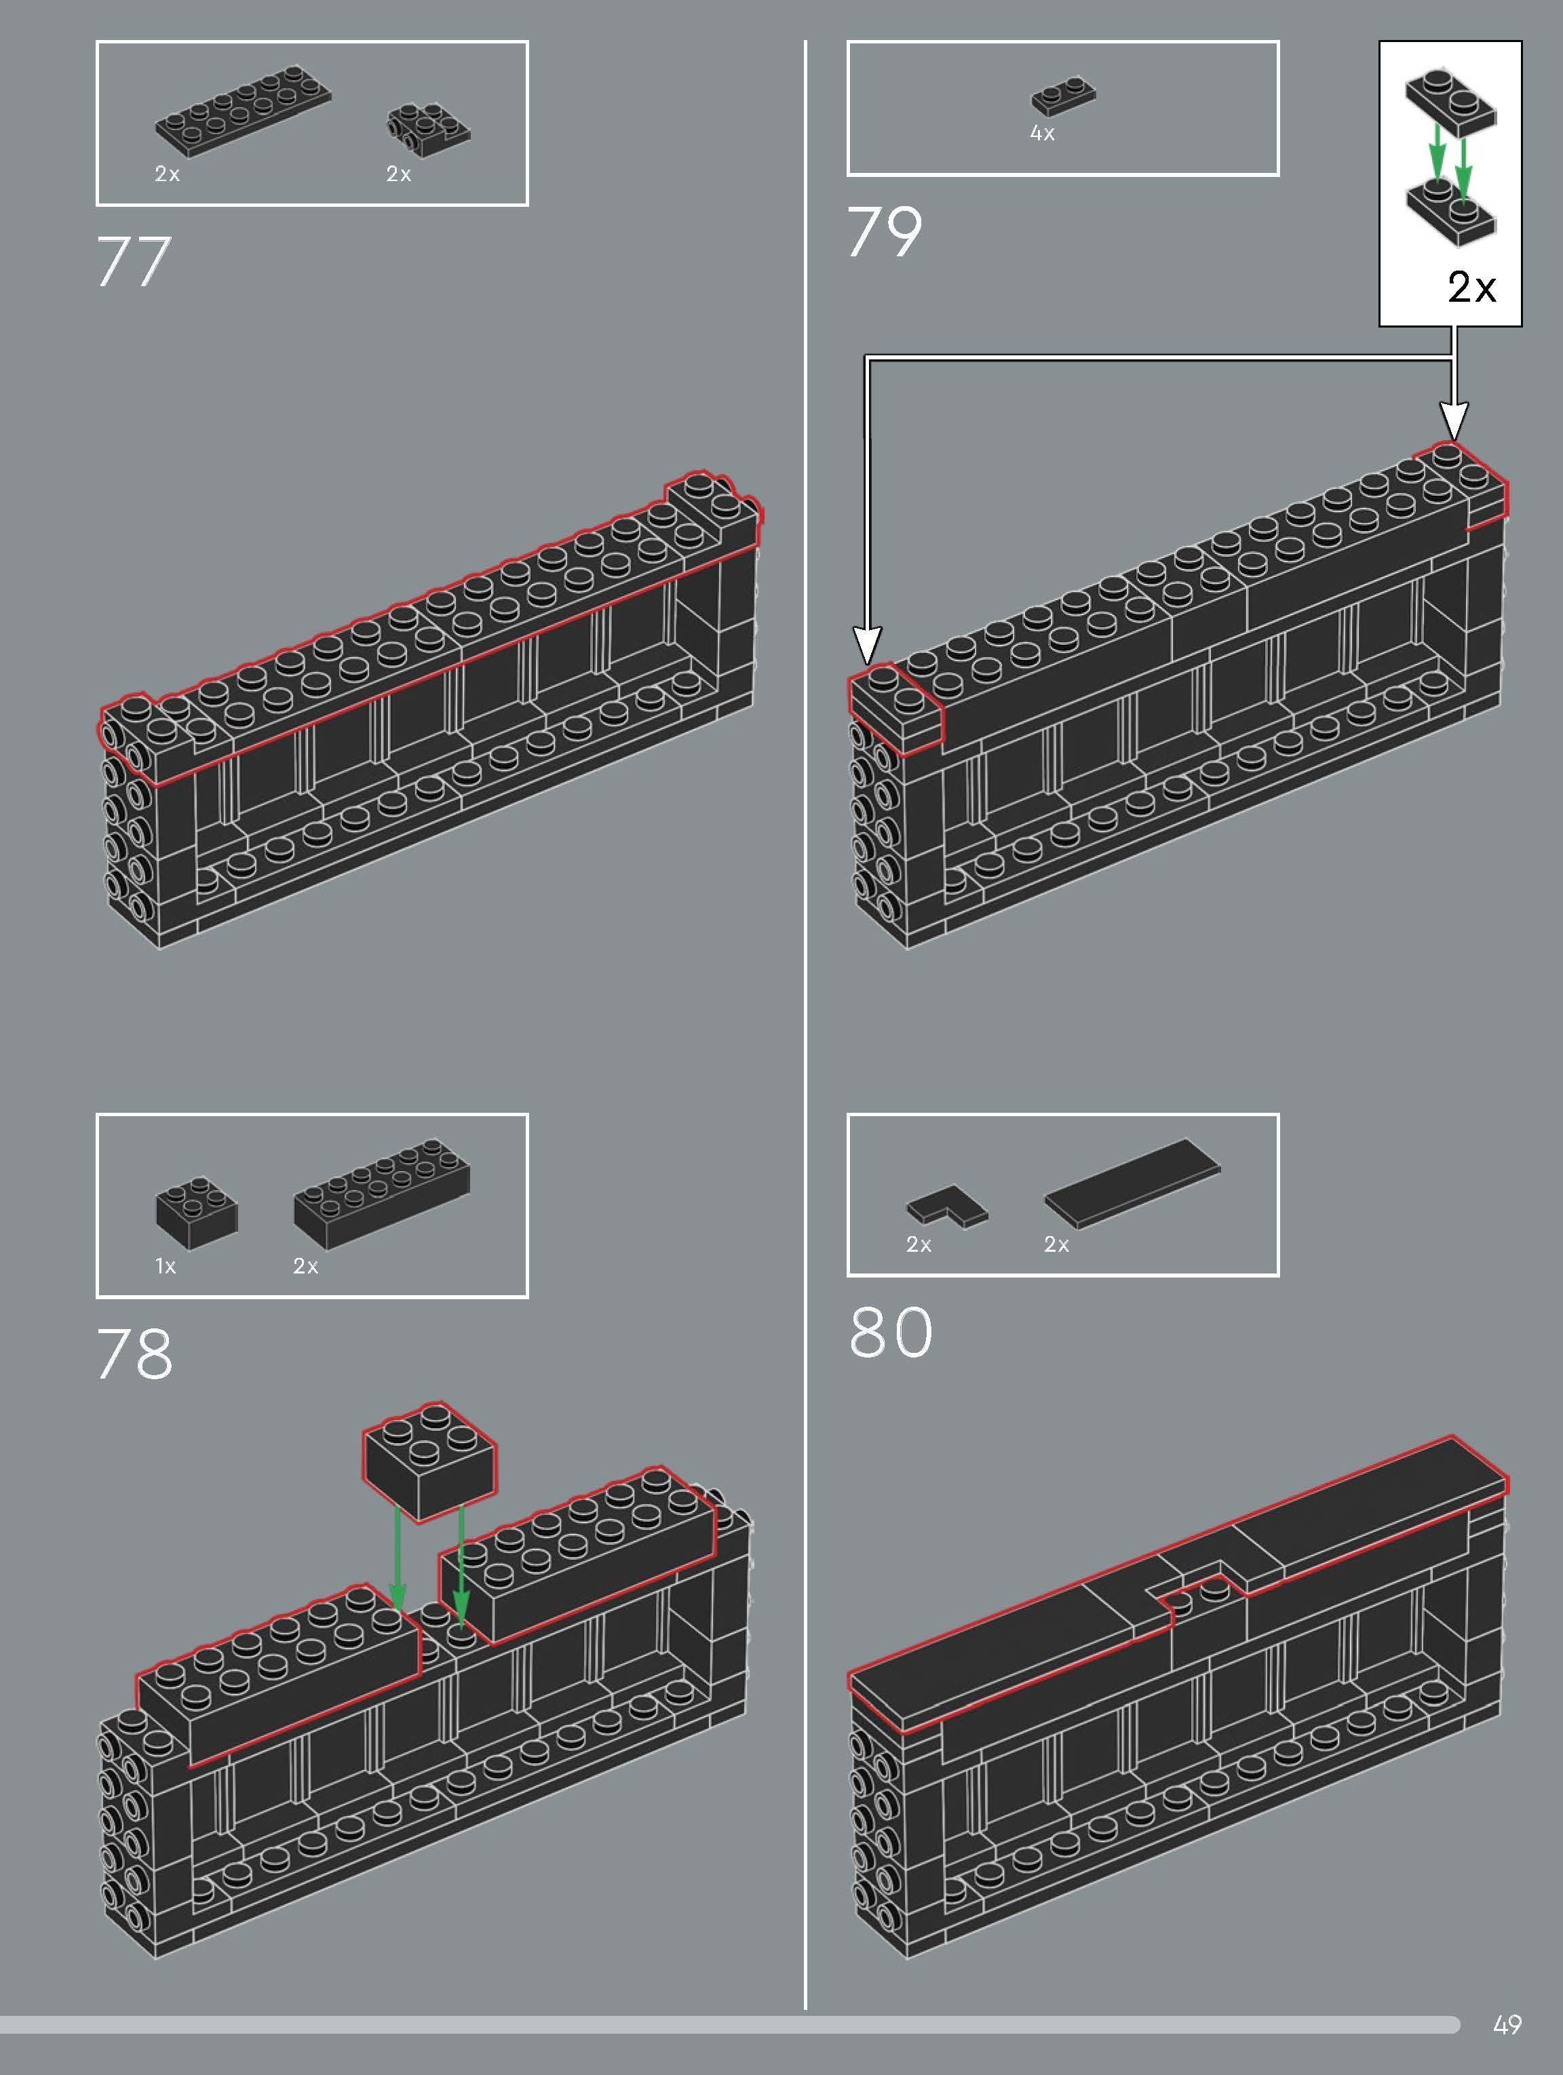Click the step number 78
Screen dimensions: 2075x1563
click(135, 1353)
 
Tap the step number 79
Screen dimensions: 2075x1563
click(885, 233)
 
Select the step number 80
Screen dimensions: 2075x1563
click(891, 1332)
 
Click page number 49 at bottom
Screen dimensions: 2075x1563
click(1507, 2023)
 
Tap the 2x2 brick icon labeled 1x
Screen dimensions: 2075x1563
click(196, 1213)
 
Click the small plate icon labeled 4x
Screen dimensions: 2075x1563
click(1064, 96)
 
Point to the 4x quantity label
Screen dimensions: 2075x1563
click(1042, 133)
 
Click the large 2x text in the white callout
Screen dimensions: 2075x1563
click(1471, 287)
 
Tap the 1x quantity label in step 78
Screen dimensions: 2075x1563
click(165, 1267)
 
